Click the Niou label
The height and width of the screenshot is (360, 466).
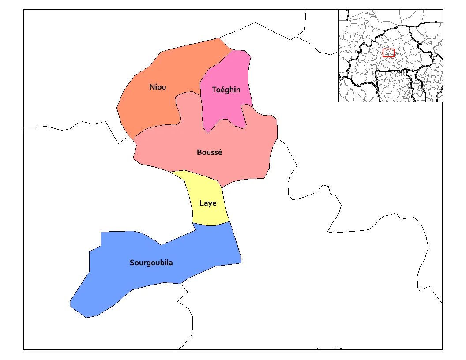[158, 87]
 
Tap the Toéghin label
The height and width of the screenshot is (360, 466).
[226, 90]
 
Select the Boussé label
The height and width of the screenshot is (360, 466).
[210, 153]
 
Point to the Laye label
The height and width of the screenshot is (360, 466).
[208, 203]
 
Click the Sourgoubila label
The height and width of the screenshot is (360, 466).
[151, 263]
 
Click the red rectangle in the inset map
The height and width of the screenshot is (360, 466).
[388, 53]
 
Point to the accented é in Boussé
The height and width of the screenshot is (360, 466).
[220, 153]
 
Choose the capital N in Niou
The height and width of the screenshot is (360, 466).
[152, 87]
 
